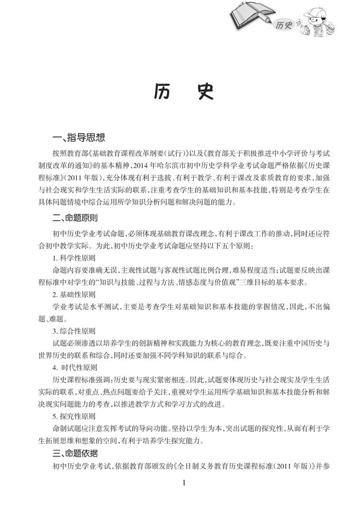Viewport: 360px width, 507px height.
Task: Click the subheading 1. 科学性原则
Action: [74, 257]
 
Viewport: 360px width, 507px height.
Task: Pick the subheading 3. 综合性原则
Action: [74, 332]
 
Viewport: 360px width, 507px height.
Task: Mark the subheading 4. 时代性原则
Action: [75, 369]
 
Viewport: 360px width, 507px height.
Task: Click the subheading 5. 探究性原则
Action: [74, 416]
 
